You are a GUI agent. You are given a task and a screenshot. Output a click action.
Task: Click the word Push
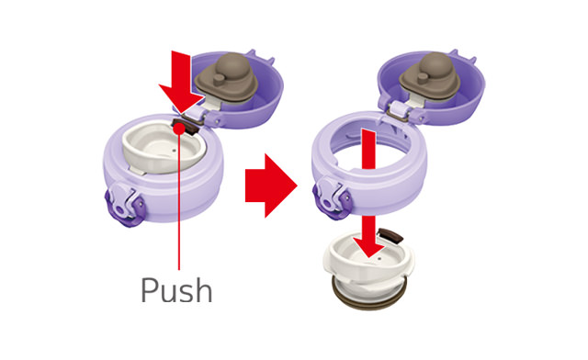pyautogui.click(x=176, y=290)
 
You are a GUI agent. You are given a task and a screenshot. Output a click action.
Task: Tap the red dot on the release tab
pyautogui.click(x=179, y=129)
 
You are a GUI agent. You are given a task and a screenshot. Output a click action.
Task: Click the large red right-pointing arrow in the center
pyautogui.click(x=271, y=186)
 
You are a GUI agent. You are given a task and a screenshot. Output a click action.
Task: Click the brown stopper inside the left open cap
pyautogui.click(x=227, y=79)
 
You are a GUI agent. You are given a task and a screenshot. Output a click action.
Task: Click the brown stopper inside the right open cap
pyautogui.click(x=430, y=78)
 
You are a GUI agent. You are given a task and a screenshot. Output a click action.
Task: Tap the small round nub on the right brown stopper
pyautogui.click(x=423, y=78)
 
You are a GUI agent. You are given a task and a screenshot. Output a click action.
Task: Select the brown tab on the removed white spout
pyautogui.click(x=391, y=235)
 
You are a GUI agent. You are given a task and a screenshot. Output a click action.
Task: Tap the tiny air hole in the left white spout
pyautogui.click(x=175, y=152)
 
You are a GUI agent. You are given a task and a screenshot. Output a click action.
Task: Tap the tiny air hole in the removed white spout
pyautogui.click(x=379, y=259)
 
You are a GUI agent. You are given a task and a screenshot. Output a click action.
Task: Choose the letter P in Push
pyautogui.click(x=149, y=290)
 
